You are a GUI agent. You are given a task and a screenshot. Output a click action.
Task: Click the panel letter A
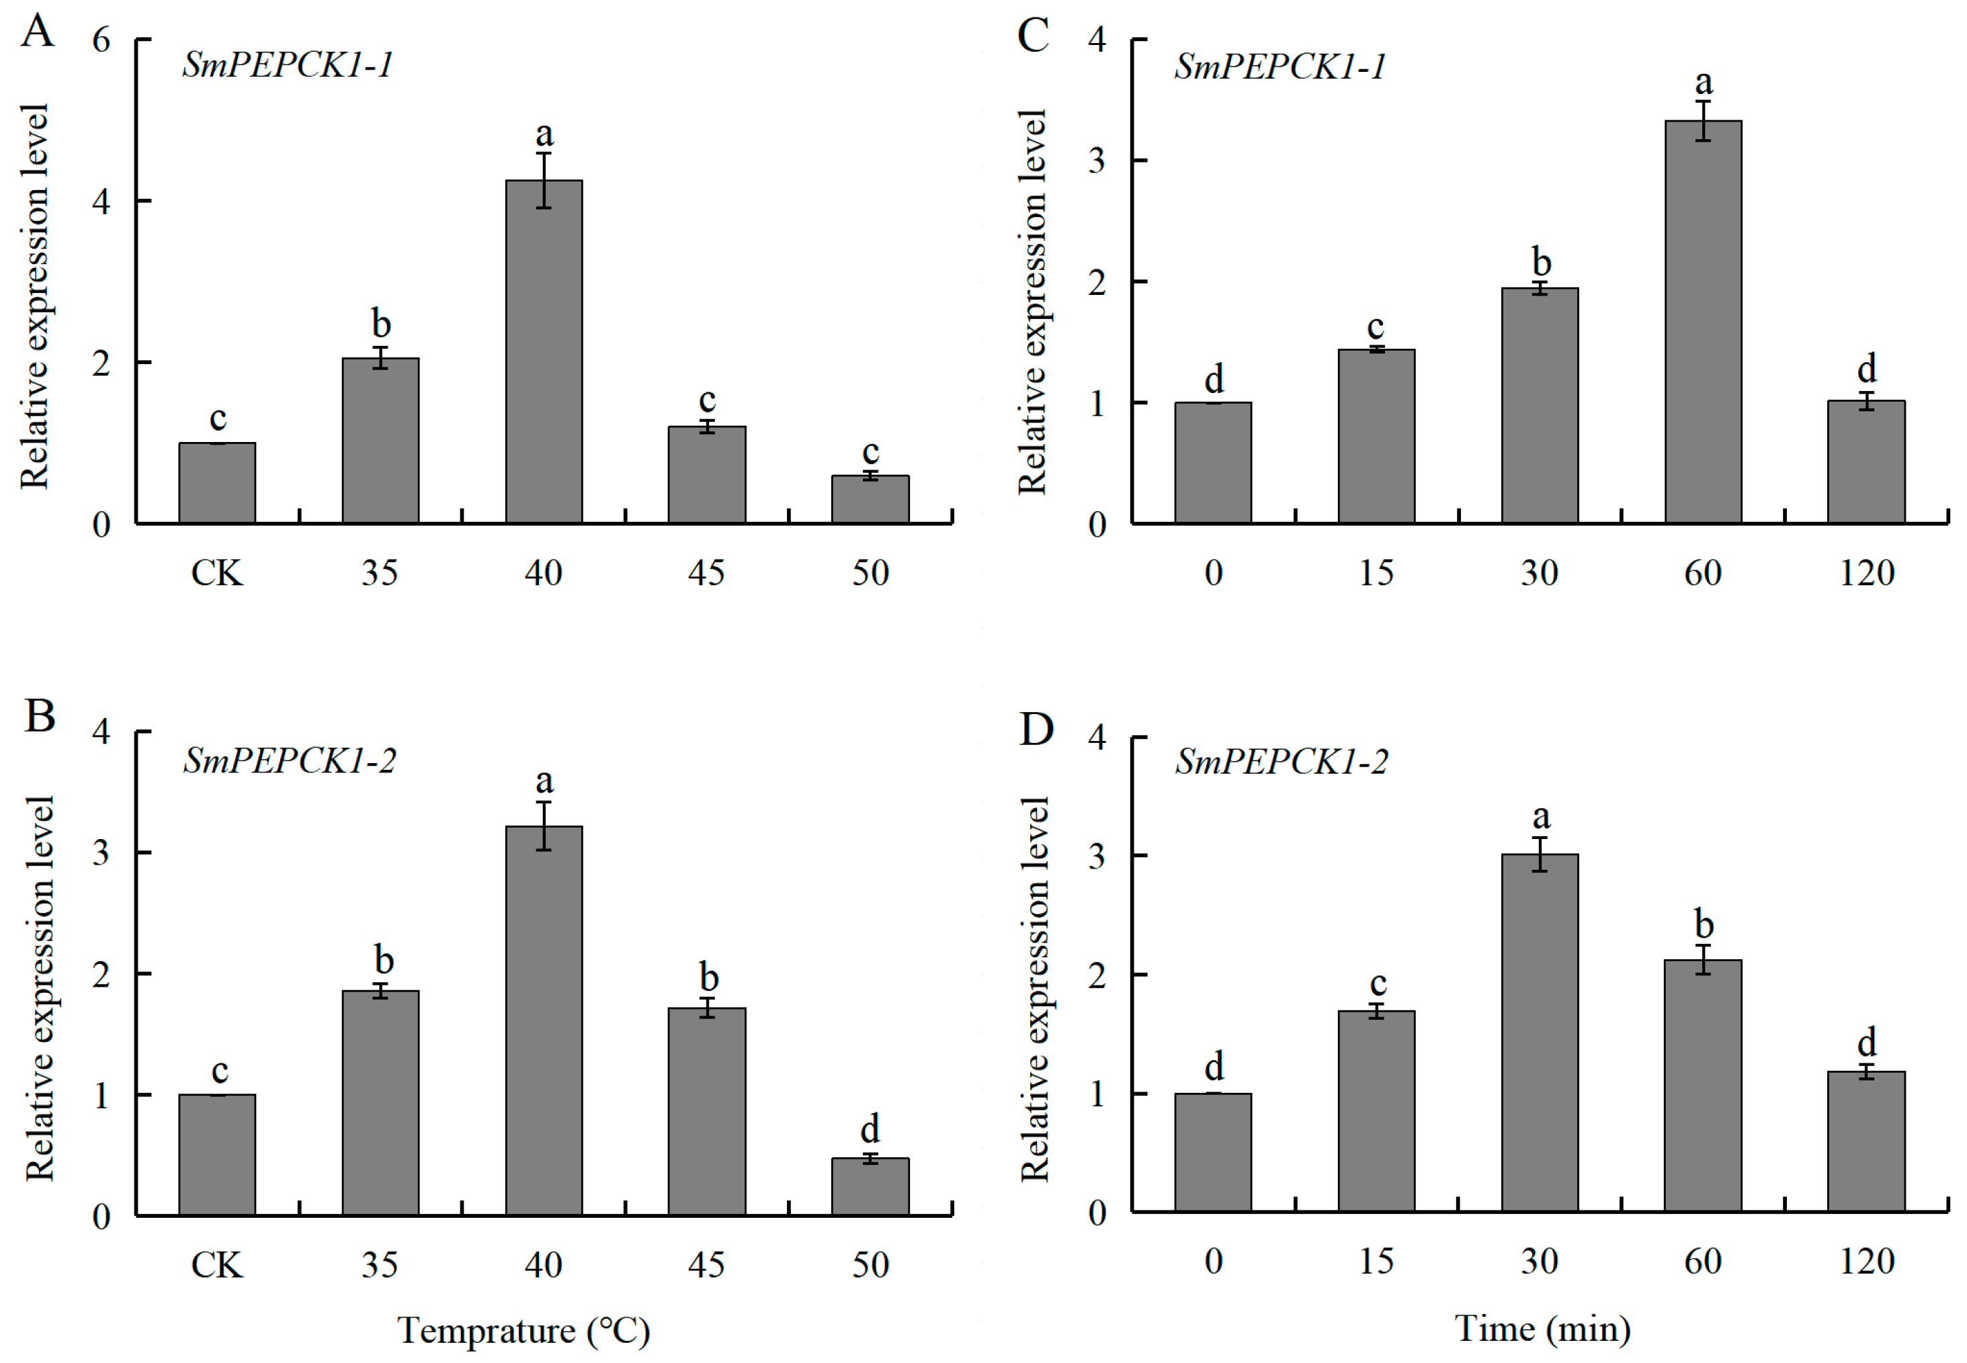click(x=38, y=32)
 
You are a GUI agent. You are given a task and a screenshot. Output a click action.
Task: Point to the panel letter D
click(x=1036, y=728)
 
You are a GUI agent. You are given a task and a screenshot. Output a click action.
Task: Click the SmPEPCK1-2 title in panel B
click(x=290, y=760)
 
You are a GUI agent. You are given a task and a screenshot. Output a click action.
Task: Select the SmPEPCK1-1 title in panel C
click(x=1280, y=66)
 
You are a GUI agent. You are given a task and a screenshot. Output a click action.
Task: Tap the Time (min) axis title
click(x=1542, y=1329)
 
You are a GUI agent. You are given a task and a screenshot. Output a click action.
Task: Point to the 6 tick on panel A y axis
click(x=101, y=39)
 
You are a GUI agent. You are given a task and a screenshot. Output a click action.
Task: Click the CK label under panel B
click(x=216, y=1265)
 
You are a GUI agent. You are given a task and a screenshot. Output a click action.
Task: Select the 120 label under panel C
click(x=1866, y=572)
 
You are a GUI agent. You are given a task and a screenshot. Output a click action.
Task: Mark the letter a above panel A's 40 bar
click(x=544, y=134)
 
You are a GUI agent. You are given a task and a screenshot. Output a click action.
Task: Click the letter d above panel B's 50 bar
click(x=870, y=1129)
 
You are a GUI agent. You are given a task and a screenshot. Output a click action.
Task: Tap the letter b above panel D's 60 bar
click(x=1703, y=924)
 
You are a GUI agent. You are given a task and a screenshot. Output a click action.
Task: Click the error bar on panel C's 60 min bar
click(x=1703, y=120)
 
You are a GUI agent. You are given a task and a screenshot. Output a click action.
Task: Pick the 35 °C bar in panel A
click(x=380, y=440)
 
